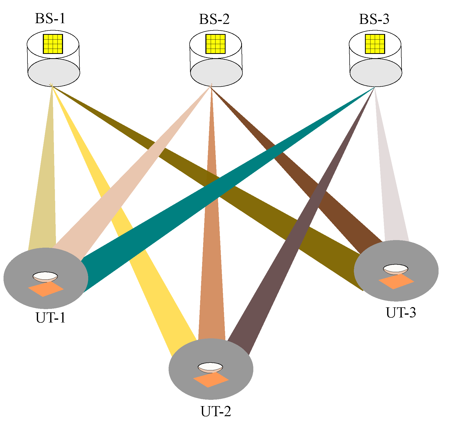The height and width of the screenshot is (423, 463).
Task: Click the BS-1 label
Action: coord(50,19)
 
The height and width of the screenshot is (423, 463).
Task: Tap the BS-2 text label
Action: coord(214,19)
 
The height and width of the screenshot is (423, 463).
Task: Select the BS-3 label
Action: coord(374,19)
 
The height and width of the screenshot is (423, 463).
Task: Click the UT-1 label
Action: coord(51,318)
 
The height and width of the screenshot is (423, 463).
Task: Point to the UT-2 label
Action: coord(216,411)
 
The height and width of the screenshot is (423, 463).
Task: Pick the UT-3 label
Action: coord(401,313)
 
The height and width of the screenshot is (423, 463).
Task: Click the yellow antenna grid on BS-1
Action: coord(53,44)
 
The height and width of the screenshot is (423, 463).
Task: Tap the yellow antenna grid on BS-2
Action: coord(215,44)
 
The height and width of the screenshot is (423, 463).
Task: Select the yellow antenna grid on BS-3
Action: coord(375,44)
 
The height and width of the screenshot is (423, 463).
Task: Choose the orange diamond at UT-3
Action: coord(396,281)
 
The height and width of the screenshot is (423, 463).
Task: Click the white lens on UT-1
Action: coord(45,276)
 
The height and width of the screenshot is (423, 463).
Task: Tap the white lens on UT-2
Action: coord(210,367)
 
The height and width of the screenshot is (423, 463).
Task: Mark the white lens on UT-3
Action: coord(395,269)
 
